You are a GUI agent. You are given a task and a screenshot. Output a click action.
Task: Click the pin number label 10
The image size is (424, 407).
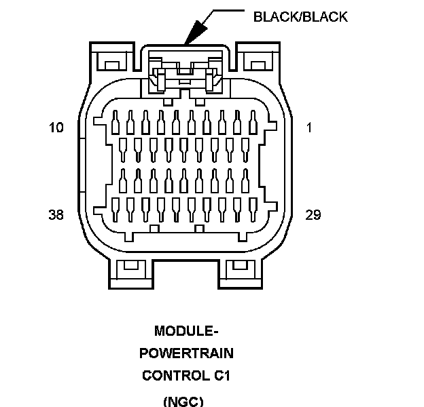tap(56, 127)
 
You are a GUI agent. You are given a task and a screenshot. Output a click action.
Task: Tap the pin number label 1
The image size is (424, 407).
tap(309, 127)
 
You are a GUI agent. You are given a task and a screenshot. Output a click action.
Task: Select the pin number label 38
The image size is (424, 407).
tap(56, 215)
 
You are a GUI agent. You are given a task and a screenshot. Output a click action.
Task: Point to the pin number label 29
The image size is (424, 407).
tap(313, 215)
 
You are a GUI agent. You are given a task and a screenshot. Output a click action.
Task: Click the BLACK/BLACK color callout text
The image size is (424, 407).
tap(300, 17)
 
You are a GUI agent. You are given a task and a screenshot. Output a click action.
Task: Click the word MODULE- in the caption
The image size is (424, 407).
tap(186, 330)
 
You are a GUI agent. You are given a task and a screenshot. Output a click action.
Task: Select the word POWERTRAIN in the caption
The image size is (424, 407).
tap(186, 353)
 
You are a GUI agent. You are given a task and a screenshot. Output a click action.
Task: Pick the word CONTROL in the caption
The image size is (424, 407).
tap(176, 376)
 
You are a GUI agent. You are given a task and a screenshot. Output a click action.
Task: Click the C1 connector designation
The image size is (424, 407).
tap(222, 376)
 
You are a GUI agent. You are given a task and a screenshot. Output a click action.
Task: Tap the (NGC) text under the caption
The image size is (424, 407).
tap(183, 402)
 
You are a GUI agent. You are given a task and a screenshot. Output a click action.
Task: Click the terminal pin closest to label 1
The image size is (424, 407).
tap(253, 122)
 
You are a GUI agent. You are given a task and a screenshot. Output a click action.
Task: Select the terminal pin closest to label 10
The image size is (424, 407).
tap(116, 122)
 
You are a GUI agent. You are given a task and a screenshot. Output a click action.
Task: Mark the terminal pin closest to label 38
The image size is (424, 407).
tap(116, 210)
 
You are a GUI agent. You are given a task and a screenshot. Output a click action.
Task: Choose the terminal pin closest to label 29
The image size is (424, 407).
tap(253, 210)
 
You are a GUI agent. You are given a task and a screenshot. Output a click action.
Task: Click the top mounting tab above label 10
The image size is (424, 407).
tap(112, 57)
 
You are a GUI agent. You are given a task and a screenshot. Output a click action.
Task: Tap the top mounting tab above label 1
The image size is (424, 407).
tap(258, 57)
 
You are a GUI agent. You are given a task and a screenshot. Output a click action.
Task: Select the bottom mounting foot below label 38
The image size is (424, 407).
tap(131, 274)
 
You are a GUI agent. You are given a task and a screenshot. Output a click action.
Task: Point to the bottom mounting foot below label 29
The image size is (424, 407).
tap(240, 274)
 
